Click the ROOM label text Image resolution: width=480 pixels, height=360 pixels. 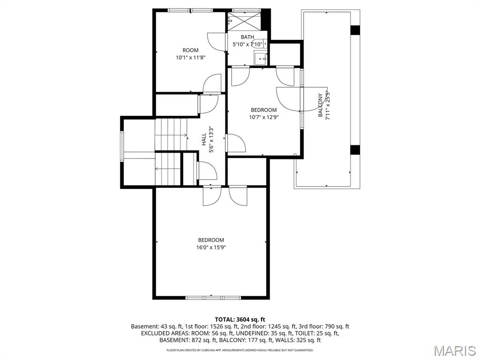190,50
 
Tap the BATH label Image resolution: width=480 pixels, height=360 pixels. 247,37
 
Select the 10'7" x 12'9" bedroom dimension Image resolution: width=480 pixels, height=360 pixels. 264,118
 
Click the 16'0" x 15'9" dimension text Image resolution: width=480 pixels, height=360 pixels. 211,247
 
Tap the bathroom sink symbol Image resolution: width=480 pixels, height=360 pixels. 260,58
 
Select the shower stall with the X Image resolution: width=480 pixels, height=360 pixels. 243,21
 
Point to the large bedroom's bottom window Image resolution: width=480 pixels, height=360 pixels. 213,297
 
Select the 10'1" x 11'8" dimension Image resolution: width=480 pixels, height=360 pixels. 190,58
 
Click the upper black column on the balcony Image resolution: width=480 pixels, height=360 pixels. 355,30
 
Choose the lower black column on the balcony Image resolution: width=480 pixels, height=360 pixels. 355,150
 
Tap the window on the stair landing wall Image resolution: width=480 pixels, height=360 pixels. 122,146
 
